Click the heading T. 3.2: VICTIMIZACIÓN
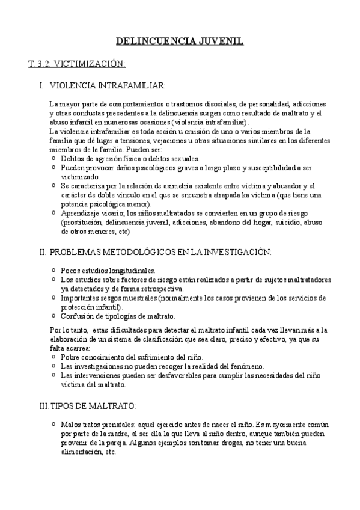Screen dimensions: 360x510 (x=77, y=63)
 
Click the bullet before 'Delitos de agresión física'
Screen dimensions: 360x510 (x=54, y=158)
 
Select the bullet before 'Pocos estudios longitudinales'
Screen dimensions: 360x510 (x=54, y=271)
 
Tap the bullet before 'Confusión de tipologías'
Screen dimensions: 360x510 (x=54, y=315)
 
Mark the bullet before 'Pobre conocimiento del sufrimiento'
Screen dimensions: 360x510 (x=54, y=357)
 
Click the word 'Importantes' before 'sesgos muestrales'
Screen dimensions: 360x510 (x=81, y=298)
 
